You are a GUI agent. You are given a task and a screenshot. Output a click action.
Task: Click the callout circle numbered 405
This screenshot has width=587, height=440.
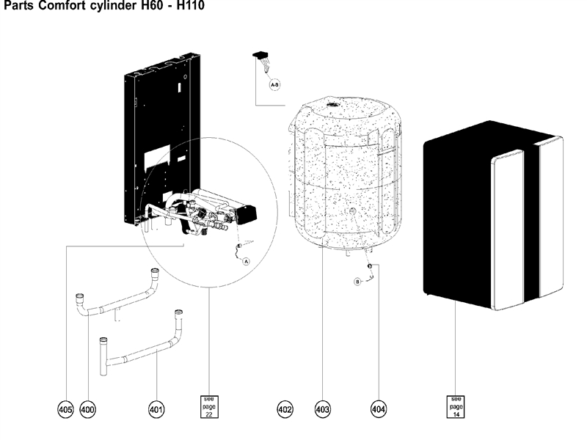point(67,409)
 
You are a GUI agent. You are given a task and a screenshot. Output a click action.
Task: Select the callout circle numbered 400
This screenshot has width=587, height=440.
point(88,409)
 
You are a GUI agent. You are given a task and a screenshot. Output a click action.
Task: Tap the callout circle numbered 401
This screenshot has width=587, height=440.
point(156,409)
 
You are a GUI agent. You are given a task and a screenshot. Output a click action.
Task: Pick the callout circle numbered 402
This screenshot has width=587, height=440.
point(285,409)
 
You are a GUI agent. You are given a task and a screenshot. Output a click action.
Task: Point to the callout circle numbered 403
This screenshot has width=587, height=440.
point(322,409)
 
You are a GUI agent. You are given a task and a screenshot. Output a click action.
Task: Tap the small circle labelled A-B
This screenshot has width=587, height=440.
point(274,86)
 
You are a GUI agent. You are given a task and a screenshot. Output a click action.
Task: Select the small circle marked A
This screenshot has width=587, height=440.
point(246,260)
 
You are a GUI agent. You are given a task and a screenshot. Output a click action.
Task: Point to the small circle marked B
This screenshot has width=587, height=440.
point(358,281)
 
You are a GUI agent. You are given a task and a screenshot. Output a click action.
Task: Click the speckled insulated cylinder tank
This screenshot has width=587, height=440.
point(345,176)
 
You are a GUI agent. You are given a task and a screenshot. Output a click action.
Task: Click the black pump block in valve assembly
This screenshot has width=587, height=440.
point(247,215)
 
